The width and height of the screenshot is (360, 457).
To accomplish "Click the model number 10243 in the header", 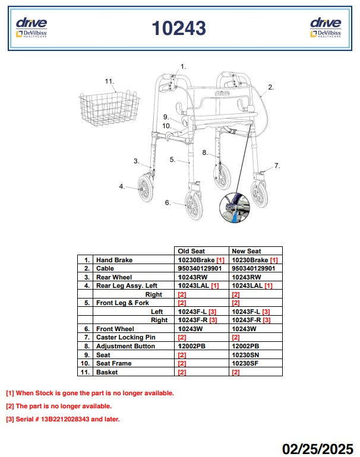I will [x=179, y=28].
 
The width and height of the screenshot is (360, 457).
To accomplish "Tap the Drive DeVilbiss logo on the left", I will [x=31, y=27].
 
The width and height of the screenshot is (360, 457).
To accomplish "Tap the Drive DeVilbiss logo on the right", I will [x=326, y=27].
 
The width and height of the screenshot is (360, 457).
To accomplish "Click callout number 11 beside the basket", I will [x=109, y=81].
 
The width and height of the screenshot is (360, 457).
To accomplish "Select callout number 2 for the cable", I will [x=271, y=87].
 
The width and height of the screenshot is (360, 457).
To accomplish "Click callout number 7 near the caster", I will [x=277, y=166].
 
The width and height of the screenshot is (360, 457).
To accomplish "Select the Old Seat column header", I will [x=191, y=251].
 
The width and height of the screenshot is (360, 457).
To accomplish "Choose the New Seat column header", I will [x=246, y=251].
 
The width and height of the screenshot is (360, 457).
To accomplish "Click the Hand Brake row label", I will [x=115, y=260].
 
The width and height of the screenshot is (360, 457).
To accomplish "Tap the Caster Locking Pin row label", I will [x=125, y=337].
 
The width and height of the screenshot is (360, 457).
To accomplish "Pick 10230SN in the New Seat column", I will [x=245, y=355].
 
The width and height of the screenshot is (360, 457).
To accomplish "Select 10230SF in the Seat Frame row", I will [x=245, y=363].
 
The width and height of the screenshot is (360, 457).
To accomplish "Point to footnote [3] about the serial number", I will [x=62, y=419].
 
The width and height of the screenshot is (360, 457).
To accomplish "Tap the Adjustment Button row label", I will [x=125, y=346].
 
